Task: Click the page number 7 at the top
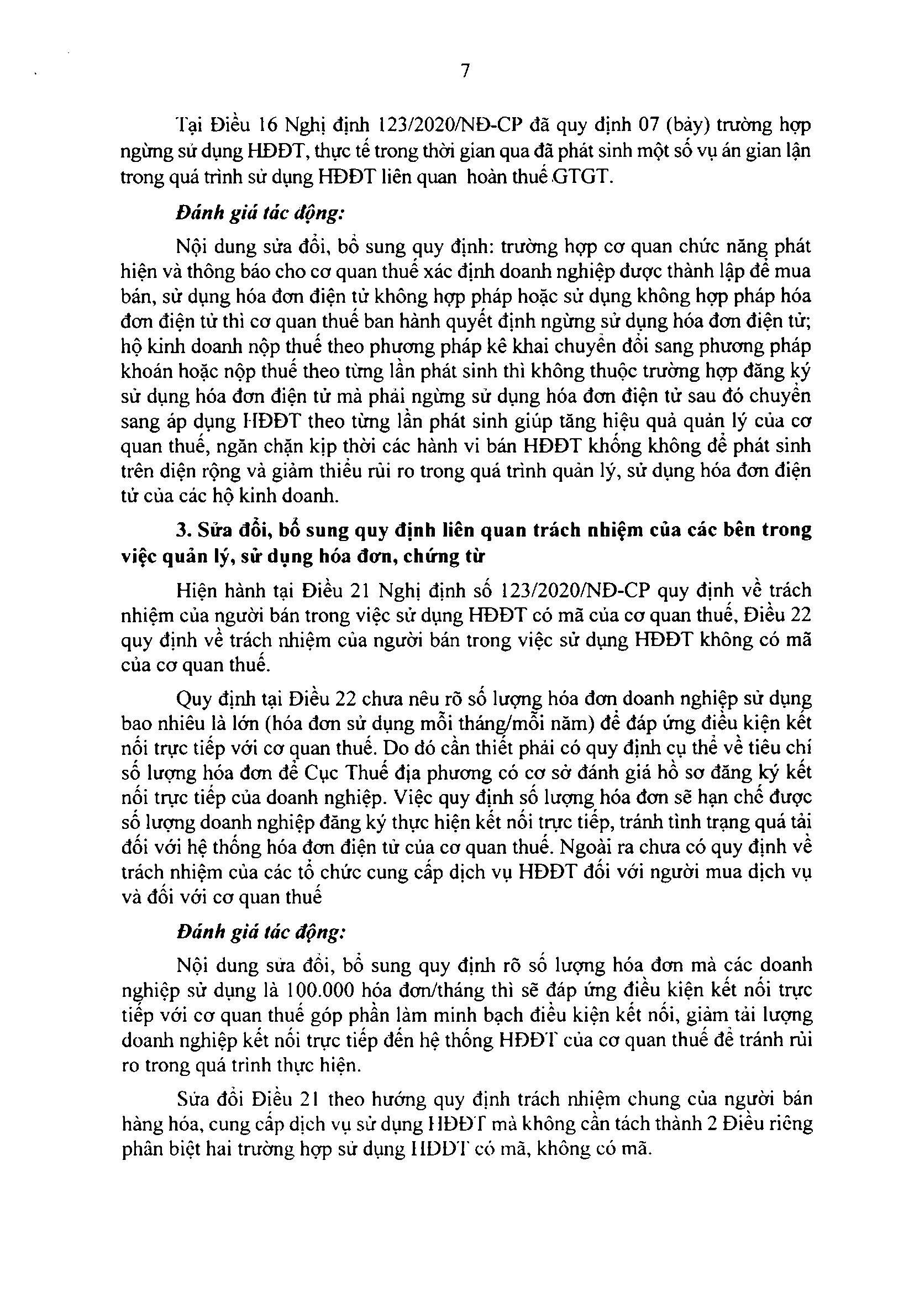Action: tap(465, 72)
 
